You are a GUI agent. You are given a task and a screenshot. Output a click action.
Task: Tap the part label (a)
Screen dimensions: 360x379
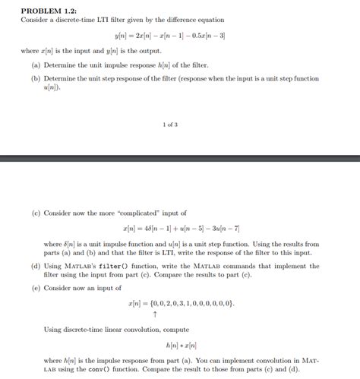tap(36, 66)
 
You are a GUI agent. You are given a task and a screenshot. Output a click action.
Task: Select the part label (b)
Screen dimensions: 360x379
tap(36, 78)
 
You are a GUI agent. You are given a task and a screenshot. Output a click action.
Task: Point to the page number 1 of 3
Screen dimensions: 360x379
tap(170, 125)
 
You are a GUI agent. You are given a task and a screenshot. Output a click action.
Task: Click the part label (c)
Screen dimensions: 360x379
tap(36, 213)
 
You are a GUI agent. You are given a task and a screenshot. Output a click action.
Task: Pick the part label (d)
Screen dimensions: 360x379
tap(36, 267)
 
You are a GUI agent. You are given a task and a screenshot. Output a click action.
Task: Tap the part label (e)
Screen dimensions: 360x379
tap(36, 288)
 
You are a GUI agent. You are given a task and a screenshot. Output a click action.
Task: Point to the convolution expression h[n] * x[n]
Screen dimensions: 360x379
tap(181, 345)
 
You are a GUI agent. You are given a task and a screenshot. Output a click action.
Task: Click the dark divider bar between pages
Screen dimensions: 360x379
tap(180, 158)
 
